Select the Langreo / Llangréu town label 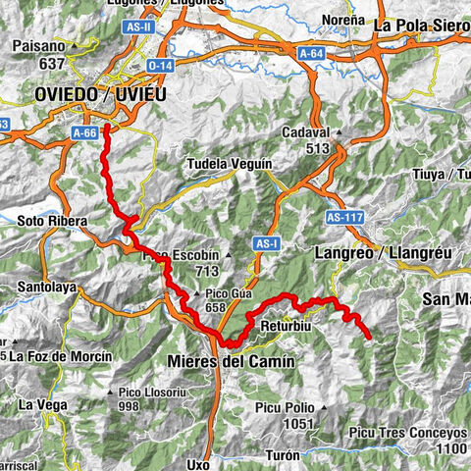[384, 252]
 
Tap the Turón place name [292, 456]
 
